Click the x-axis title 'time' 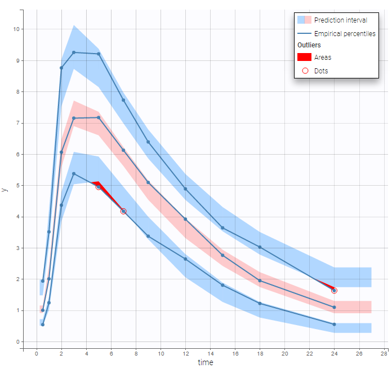tap(205, 362)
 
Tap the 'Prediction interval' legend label tap(340, 20)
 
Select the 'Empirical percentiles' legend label tap(345, 34)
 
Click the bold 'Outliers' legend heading tap(310, 45)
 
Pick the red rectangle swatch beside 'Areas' tap(304, 57)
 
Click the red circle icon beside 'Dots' tap(305, 71)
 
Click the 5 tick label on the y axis tap(19, 186)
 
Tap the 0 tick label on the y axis tap(19, 342)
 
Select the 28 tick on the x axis tap(384, 353)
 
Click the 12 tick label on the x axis tap(185, 353)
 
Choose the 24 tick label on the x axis tap(334, 353)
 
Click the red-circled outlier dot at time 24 tap(335, 291)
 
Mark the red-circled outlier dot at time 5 tap(99, 187)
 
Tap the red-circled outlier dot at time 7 tap(123, 211)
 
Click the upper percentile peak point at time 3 tap(74, 52)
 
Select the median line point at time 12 tap(185, 219)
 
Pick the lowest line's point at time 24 tap(335, 325)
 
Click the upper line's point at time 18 tap(260, 247)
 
